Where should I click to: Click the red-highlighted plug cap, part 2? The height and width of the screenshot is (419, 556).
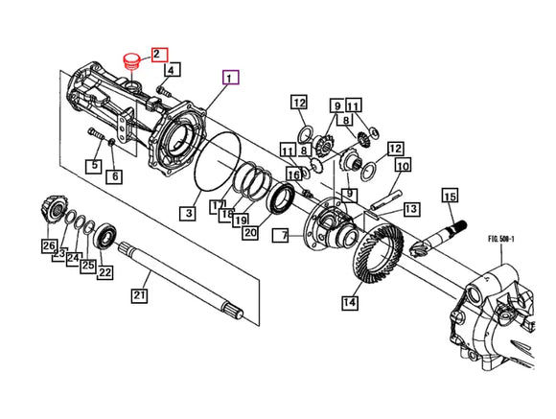tap(130, 61)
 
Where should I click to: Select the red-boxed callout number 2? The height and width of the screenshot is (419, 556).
tap(159, 55)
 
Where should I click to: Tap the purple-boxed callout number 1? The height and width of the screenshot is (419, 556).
tap(230, 78)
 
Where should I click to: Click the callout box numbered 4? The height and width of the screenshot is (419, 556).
tap(172, 70)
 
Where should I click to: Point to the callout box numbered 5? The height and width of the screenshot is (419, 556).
tap(94, 166)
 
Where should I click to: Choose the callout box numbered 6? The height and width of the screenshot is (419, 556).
tap(115, 176)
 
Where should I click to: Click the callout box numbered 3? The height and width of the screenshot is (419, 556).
tap(188, 213)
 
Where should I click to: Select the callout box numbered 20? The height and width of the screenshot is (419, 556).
tap(251, 232)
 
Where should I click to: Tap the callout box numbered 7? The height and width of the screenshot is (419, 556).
tap(281, 236)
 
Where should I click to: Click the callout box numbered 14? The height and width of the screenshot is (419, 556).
tap(350, 302)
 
